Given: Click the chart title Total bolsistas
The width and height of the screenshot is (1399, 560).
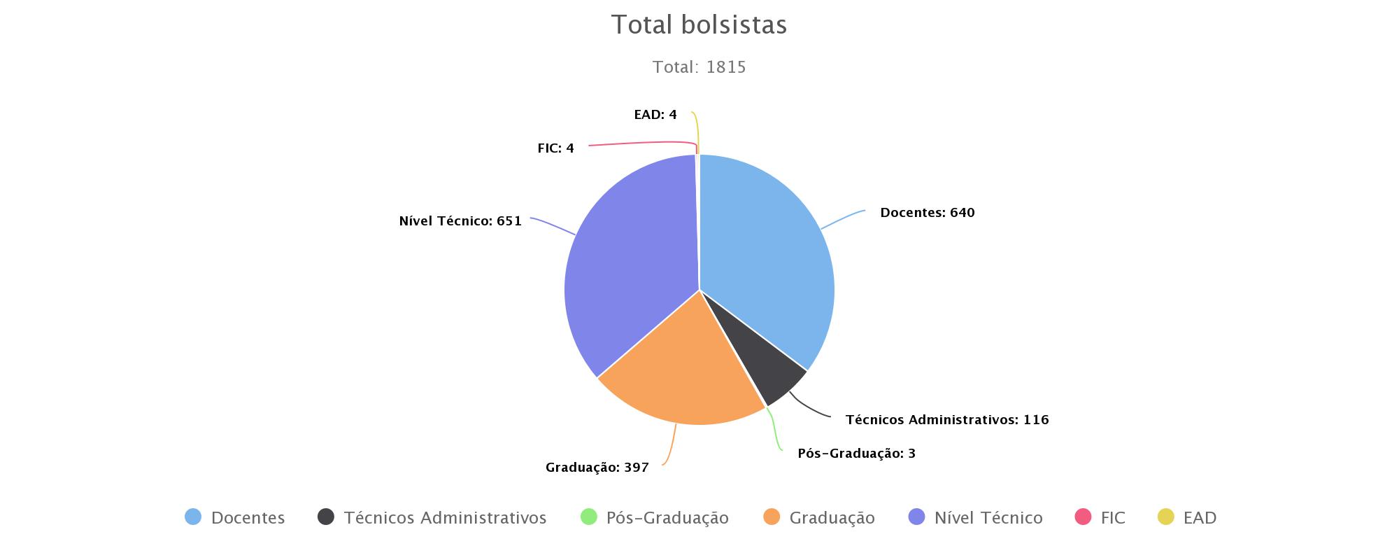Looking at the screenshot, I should click(699, 25).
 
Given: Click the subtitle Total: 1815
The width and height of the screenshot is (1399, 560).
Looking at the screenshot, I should click(699, 67).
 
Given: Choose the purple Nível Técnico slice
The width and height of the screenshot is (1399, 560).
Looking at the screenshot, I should click(623, 273).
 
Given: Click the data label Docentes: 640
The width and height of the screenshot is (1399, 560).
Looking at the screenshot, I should click(927, 213).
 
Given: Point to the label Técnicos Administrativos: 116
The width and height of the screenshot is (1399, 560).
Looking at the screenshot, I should click(946, 420).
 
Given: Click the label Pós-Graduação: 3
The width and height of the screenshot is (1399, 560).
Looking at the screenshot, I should click(856, 454).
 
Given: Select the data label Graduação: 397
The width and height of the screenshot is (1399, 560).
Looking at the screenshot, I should click(597, 468).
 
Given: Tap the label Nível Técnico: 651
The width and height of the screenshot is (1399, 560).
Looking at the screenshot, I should click(460, 221).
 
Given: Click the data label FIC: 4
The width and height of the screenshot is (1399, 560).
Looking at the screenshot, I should click(555, 148).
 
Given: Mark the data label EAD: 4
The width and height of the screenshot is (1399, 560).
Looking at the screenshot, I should click(655, 115).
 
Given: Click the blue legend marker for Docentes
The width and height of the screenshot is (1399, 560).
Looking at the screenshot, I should click(193, 517).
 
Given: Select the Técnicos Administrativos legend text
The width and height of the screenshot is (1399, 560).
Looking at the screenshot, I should click(445, 518).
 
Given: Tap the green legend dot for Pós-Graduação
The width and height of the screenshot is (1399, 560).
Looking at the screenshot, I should click(589, 517).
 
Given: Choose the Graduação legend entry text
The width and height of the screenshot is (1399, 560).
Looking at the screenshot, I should click(832, 518).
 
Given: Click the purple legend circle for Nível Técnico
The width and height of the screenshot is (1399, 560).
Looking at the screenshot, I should click(916, 517).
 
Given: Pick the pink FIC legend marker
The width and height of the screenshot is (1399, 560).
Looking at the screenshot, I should click(1083, 517).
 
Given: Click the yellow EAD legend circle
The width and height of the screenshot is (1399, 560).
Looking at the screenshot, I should click(1165, 517).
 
